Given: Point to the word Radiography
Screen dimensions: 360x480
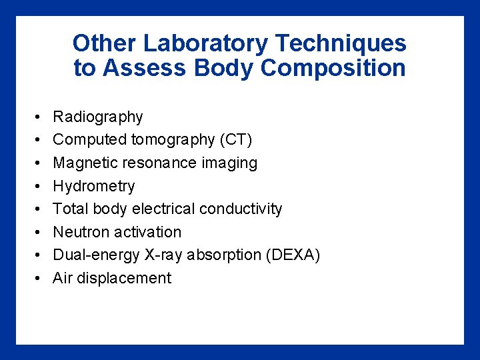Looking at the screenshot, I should tap(98, 117).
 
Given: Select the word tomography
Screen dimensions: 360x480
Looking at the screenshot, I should tap(173, 140).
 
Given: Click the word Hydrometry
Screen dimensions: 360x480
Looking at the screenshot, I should tap(94, 187).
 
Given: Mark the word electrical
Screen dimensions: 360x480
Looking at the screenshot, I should tap(163, 209).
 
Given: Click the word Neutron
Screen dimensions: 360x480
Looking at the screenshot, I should tap(81, 233).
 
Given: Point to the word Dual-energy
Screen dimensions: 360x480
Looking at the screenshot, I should tap(93, 256).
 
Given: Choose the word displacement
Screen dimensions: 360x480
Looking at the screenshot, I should tap(124, 279).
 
